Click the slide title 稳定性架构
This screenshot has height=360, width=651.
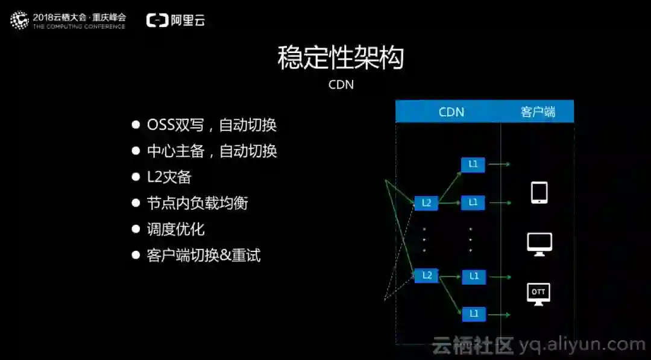point(341,58)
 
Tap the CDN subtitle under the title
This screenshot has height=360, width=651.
point(341,84)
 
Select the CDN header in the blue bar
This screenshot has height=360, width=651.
point(451,112)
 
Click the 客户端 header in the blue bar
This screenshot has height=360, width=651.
point(538,112)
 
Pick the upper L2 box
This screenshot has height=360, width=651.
point(426,203)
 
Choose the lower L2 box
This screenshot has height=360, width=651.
point(426,276)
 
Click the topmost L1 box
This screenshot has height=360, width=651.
point(473,164)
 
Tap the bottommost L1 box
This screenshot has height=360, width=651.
point(473,313)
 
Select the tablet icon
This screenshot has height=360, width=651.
point(539,192)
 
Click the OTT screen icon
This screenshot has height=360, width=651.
point(538,294)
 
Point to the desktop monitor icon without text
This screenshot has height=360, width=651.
point(539,244)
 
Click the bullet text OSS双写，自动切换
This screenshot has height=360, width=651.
point(212,125)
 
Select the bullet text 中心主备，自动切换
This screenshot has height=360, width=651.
point(212,151)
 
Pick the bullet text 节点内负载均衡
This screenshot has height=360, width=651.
point(197,203)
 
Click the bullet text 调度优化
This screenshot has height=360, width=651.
point(175,229)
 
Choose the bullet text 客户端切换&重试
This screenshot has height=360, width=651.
point(204,255)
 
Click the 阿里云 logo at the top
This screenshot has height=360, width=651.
point(175,20)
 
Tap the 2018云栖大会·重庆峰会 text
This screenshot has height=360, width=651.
point(79,17)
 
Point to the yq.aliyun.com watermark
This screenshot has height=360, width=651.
point(582,345)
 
